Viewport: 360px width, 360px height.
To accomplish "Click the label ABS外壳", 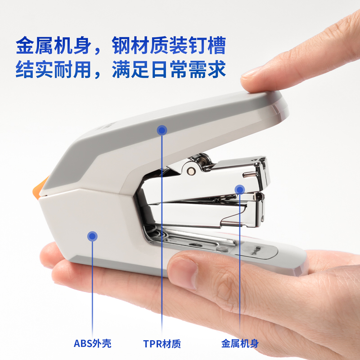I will click(x=92, y=344).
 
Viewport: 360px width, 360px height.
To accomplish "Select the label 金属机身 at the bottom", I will click(x=240, y=344).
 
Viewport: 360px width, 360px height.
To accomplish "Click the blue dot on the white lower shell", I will click(x=92, y=235).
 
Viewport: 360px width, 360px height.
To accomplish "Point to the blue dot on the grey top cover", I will click(x=162, y=130).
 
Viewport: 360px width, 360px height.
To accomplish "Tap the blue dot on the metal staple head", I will click(x=240, y=189).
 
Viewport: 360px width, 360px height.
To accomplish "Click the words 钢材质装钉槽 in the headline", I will click(x=169, y=46).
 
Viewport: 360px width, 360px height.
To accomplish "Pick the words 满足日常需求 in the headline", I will click(x=169, y=70).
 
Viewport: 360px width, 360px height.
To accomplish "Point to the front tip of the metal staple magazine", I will click(x=263, y=180).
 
